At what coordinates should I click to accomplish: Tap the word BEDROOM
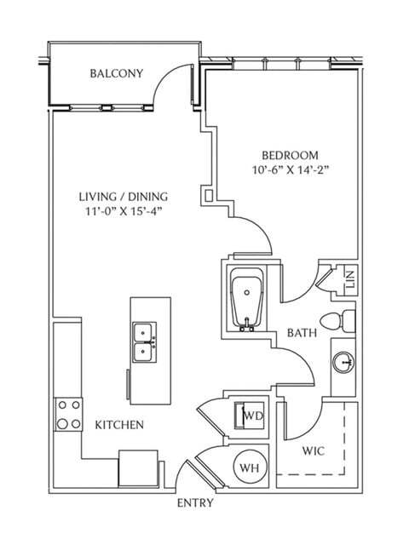click(290, 155)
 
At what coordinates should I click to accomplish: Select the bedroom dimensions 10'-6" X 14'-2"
click(290, 169)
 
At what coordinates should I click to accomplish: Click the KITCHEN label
click(118, 424)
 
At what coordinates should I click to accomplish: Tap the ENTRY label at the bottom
click(194, 502)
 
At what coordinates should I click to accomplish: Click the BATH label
click(302, 333)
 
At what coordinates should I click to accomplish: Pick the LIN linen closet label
click(349, 280)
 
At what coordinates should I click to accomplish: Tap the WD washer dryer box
click(251, 416)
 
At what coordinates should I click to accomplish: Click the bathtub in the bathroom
click(248, 299)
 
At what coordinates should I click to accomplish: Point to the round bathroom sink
click(345, 364)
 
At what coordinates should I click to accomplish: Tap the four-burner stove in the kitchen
click(68, 415)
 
